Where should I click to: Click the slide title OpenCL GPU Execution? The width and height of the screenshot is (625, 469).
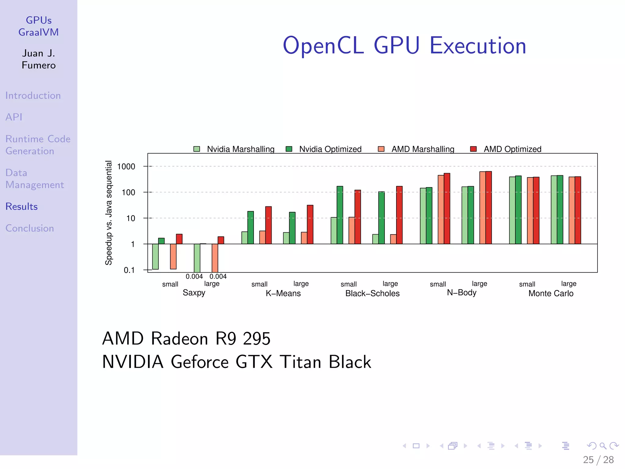(404, 46)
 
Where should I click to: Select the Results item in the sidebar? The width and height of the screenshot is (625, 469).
(21, 206)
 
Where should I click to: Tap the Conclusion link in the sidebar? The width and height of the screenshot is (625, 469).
(30, 228)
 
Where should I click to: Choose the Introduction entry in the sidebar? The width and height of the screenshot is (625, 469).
(33, 96)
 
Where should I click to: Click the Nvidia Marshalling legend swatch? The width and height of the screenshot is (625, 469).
(197, 149)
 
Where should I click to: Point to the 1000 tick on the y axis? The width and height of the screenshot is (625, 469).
(126, 166)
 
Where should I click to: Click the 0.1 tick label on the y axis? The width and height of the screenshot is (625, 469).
(129, 270)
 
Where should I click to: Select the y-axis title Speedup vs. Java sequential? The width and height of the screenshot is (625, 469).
(109, 213)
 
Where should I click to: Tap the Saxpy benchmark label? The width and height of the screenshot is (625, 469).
(194, 293)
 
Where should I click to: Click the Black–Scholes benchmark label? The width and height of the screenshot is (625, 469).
(372, 293)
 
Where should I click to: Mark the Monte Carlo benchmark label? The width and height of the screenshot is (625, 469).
(551, 293)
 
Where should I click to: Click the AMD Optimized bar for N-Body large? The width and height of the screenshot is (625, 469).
(489, 208)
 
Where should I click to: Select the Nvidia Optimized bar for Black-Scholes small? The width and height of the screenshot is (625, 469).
(340, 215)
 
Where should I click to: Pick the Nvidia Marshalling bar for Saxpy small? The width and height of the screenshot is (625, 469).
(155, 256)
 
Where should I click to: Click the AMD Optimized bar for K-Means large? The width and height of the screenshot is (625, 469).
(310, 224)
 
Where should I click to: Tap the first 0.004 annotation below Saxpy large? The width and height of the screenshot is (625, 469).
(194, 276)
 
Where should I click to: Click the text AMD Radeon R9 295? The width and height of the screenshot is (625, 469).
(186, 338)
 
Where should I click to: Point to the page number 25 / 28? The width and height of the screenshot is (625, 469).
(598, 460)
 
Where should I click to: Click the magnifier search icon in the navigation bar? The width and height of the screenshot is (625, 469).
(603, 446)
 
